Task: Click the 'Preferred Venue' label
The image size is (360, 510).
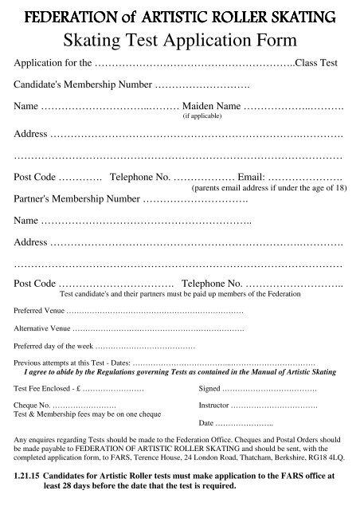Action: (x=40, y=310)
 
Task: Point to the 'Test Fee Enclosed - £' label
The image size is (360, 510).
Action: (x=48, y=390)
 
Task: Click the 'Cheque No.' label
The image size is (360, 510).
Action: (x=33, y=406)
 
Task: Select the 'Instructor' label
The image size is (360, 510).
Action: (x=214, y=406)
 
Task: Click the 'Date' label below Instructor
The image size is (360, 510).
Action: (x=206, y=423)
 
